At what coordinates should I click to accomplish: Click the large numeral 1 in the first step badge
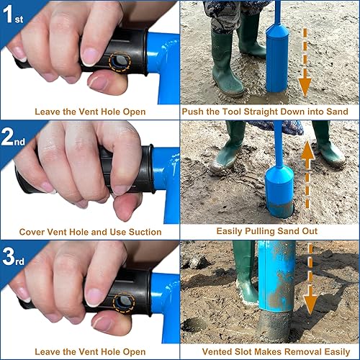[x=8, y=14]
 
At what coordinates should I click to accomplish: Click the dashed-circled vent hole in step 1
[x=120, y=62]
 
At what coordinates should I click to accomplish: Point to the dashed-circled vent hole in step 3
[x=124, y=302]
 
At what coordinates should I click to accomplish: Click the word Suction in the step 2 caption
[x=145, y=232]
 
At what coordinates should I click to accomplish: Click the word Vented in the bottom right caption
[x=217, y=352]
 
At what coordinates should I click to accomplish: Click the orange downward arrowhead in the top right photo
[x=305, y=87]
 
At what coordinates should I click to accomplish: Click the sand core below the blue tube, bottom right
[x=275, y=326]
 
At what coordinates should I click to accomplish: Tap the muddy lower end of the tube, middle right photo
[x=280, y=210]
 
